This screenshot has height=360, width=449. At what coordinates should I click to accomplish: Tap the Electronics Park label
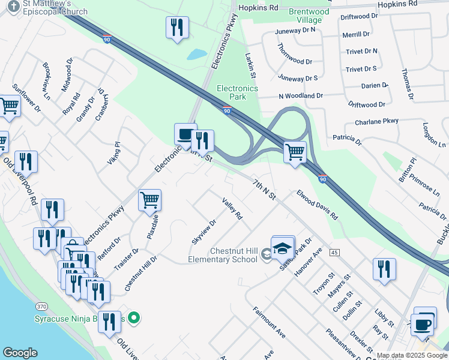[x=237, y=92]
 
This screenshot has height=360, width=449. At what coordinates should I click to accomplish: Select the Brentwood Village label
[x=309, y=16]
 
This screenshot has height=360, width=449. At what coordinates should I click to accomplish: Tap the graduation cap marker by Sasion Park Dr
[x=283, y=247]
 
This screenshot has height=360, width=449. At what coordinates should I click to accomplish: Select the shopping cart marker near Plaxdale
[x=149, y=200]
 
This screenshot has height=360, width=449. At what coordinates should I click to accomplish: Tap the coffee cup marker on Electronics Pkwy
[x=185, y=133]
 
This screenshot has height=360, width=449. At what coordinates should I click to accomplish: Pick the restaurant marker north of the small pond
[x=177, y=27]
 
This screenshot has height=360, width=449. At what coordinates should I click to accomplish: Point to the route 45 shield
[x=334, y=253]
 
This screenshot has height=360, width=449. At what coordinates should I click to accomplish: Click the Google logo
[x=20, y=353]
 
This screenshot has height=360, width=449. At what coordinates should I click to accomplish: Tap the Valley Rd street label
[x=232, y=208]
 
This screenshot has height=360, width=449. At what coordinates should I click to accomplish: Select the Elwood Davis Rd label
[x=316, y=205]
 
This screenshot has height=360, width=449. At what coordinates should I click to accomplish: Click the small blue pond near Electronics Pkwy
[x=196, y=54]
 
